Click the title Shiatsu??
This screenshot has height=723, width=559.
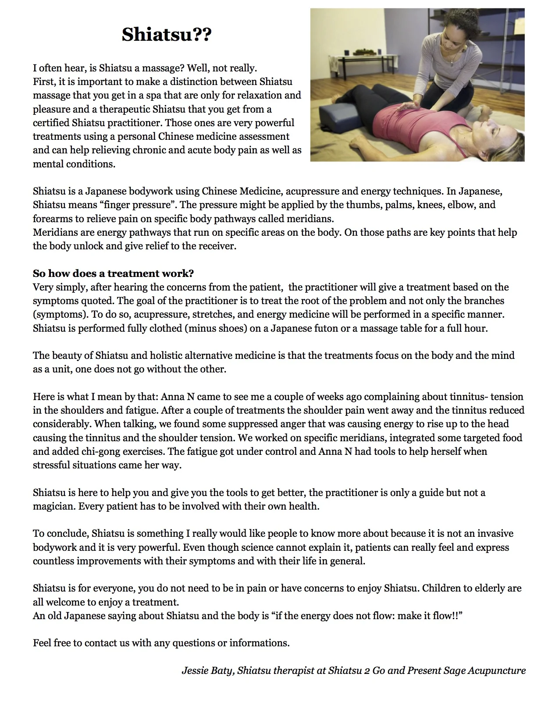[x=167, y=35]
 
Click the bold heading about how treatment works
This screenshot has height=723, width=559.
[x=113, y=273]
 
